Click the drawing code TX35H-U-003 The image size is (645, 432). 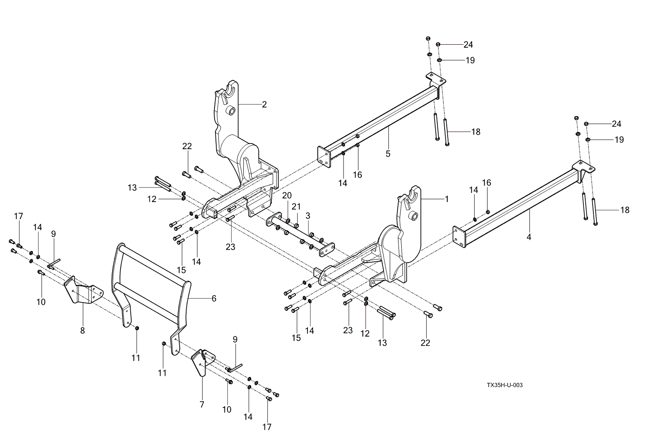tap(504, 385)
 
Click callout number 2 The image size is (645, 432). tap(264, 104)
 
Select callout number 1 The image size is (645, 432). tap(446, 199)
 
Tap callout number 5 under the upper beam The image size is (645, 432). tap(388, 153)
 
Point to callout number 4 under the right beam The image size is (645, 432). tap(529, 236)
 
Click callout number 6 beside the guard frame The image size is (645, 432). tap(214, 298)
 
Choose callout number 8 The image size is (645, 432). tap(83, 330)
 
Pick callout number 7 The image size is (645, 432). tap(202, 404)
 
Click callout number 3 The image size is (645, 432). tap(308, 215)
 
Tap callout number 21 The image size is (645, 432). tap(296, 206)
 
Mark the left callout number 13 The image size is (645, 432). tap(132, 187)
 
